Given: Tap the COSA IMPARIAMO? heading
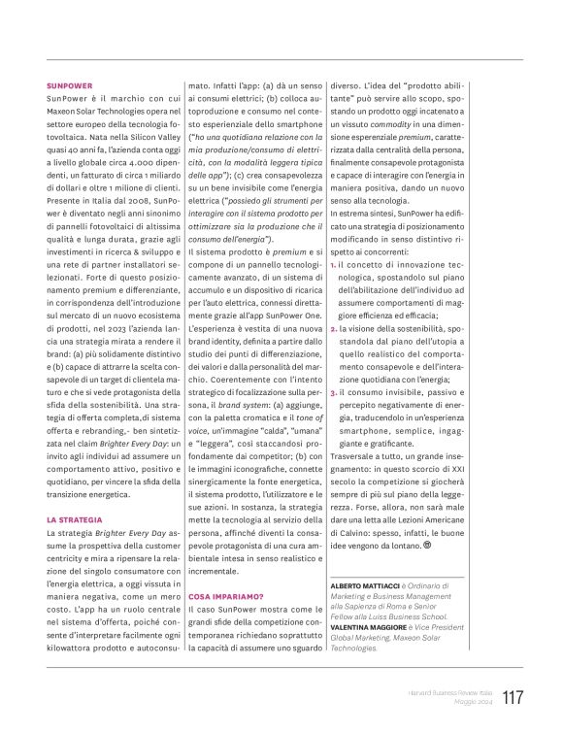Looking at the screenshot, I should coord(225,595).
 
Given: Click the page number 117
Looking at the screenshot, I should coord(513,697).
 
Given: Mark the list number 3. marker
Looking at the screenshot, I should coord(333,392).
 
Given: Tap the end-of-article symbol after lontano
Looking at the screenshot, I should coord(426,545).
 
